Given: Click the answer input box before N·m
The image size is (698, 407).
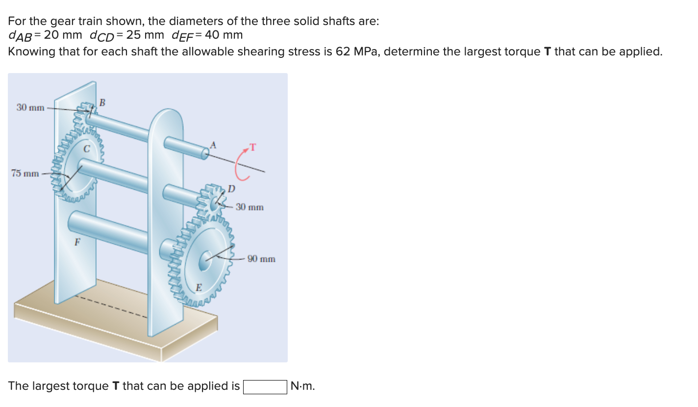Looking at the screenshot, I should pos(265,386).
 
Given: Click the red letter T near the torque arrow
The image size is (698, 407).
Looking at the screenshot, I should pos(253,147).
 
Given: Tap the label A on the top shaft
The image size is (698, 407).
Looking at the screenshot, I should pos(213,144).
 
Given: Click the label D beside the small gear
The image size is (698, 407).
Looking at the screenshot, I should pos(231,189).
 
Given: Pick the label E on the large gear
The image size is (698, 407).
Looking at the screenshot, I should pos(199,287).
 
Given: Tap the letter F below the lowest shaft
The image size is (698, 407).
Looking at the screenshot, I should pos(77,242).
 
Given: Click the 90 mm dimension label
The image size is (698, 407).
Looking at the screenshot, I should pos(261,258).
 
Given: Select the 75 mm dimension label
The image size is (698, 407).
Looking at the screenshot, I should pos(25,173).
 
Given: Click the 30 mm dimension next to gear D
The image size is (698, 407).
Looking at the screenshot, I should pos(249,207).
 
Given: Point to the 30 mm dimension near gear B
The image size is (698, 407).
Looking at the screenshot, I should pos(30,107).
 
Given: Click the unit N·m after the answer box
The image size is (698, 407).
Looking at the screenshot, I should pos(302,386).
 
